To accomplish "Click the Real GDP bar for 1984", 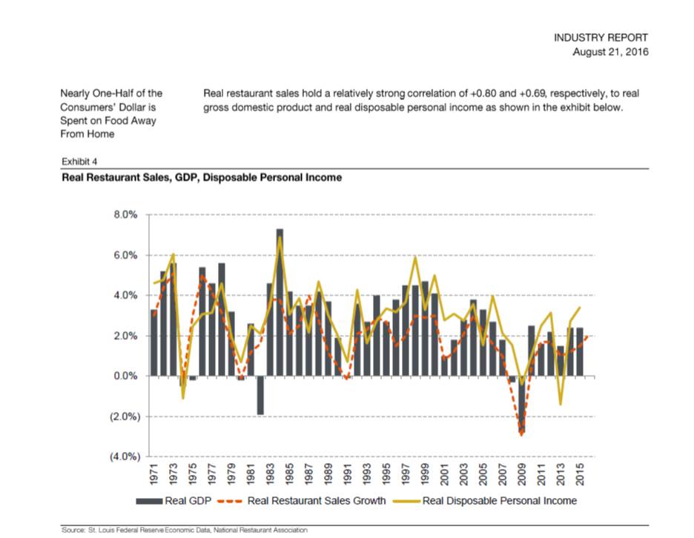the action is click(280, 302).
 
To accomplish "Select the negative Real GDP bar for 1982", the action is click(260, 395).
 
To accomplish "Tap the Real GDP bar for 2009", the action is click(522, 405).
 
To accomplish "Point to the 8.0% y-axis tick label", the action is click(125, 215).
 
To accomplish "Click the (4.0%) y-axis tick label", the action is click(125, 456).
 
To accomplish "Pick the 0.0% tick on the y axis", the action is click(125, 376).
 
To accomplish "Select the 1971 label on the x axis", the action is click(154, 474).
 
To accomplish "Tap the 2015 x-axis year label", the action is click(581, 474).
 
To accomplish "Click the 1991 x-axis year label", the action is click(348, 474).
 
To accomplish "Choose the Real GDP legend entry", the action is click(173, 501).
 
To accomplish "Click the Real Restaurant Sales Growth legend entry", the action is click(302, 501).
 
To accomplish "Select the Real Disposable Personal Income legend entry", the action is click(485, 501).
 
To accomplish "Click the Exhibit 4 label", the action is click(79, 162).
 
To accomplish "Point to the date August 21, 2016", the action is click(610, 52).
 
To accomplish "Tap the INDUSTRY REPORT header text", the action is click(601, 38).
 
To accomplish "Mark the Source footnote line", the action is click(185, 530).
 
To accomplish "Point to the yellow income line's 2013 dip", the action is click(561, 404).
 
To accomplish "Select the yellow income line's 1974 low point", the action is click(183, 398).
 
